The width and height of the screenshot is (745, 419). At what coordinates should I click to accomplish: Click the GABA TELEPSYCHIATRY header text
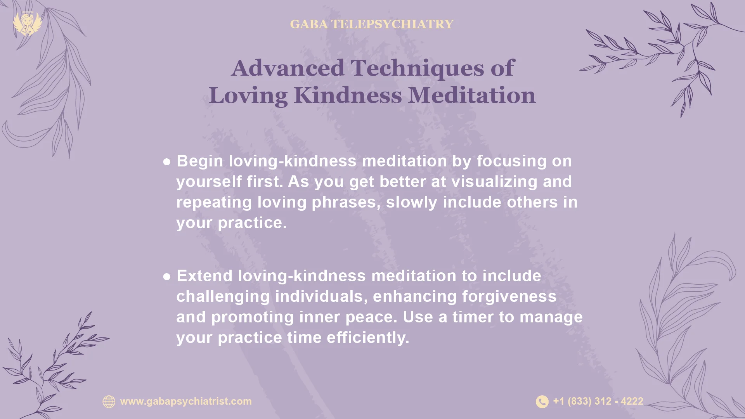371,24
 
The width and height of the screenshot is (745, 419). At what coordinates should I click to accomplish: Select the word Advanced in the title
288,68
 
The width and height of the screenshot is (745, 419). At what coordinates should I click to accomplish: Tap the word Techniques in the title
417,68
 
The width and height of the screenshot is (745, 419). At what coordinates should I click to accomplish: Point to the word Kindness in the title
348,95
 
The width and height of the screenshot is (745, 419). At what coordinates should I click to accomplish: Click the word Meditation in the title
472,95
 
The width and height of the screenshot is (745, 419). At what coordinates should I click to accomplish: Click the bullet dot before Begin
167,162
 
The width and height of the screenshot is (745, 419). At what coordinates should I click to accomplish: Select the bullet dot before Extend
167,277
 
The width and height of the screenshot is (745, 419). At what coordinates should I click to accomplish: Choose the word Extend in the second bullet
204,276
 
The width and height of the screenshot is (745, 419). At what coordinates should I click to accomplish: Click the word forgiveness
509,296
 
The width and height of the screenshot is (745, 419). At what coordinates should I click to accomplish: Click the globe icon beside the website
109,402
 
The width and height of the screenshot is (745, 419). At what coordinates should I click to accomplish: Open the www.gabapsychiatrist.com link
186,401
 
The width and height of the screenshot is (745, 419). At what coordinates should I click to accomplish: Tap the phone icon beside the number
542,402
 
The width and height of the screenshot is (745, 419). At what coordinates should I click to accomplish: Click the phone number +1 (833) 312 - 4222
598,401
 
